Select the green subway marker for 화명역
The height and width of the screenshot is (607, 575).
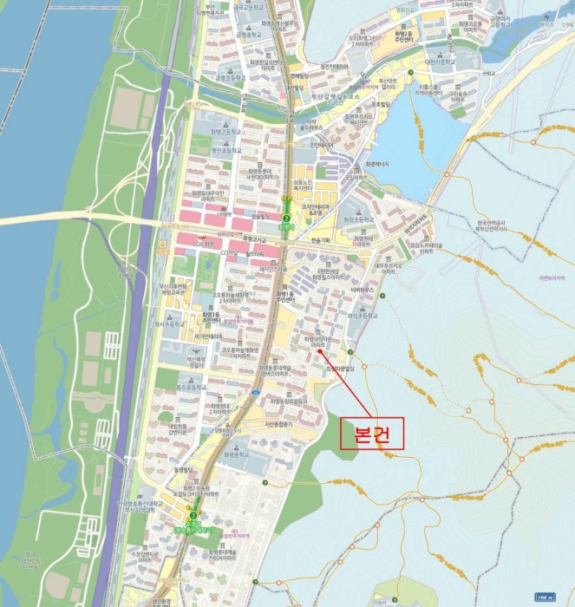(286, 219)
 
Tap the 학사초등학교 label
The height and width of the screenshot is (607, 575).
(172, 322)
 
